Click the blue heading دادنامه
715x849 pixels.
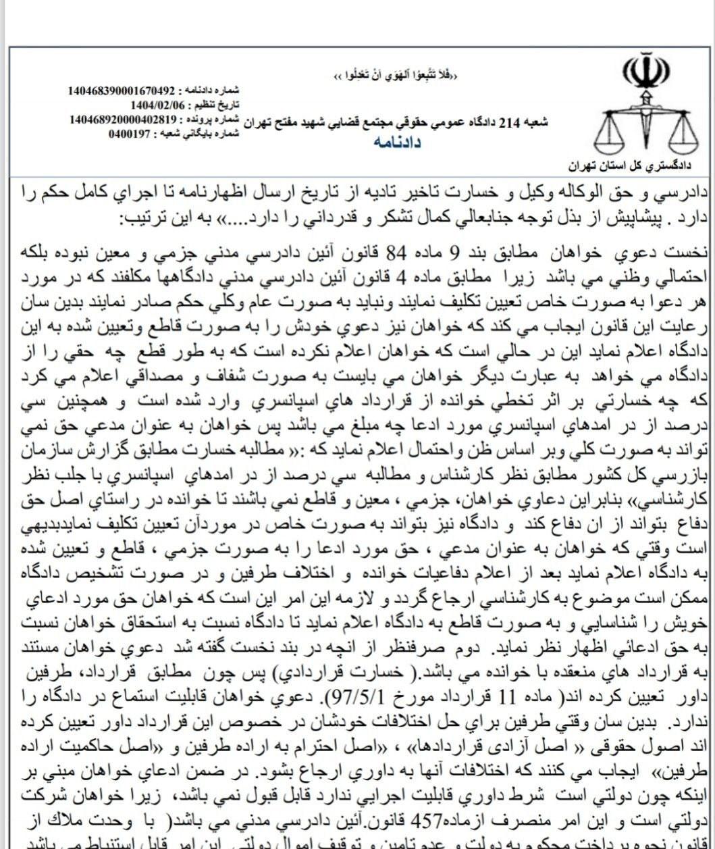click(x=398, y=143)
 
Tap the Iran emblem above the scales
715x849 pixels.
click(x=645, y=74)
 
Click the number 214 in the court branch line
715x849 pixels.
click(x=512, y=122)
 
